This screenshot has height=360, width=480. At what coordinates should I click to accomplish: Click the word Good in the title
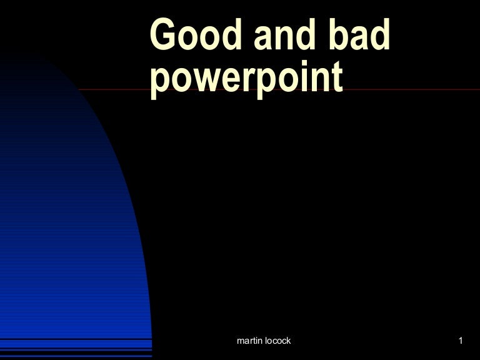(x=192, y=36)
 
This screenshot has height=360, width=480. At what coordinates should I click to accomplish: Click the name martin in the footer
(x=250, y=341)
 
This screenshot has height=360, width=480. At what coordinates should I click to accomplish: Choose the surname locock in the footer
(x=277, y=341)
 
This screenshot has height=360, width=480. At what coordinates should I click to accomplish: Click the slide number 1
(x=460, y=341)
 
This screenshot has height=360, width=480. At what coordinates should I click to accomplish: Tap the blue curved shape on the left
(x=69, y=237)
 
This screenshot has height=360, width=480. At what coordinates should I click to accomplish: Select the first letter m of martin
(x=241, y=341)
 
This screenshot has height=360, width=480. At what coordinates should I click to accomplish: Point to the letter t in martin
(x=254, y=341)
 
